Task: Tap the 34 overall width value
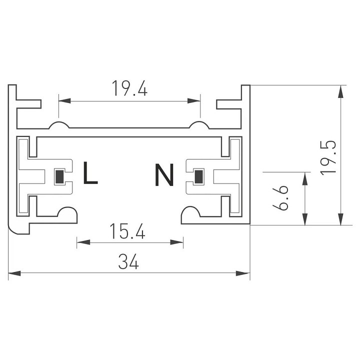click(128, 261)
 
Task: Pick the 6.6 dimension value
click(282, 198)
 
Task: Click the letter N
click(164, 175)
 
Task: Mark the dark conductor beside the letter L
click(59, 176)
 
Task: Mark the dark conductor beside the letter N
click(198, 176)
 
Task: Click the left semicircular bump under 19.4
click(58, 125)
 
